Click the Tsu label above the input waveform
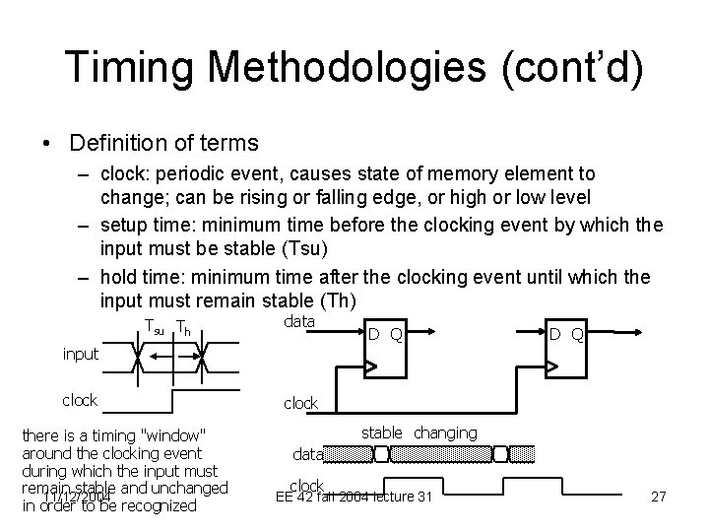pos(155,327)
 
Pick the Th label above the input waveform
pos(183,327)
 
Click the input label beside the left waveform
pos(80,353)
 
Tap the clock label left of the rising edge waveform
pos(80,400)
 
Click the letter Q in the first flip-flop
pos(395,335)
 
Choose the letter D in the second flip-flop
pos(555,335)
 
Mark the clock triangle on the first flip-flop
pos(371,367)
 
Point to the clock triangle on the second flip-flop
pos(552,367)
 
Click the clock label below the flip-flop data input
pos(300,403)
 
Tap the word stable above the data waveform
pos(382,432)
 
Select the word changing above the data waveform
pos(445,433)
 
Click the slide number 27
pos(659,498)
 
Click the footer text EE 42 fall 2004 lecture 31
pos(355,497)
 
